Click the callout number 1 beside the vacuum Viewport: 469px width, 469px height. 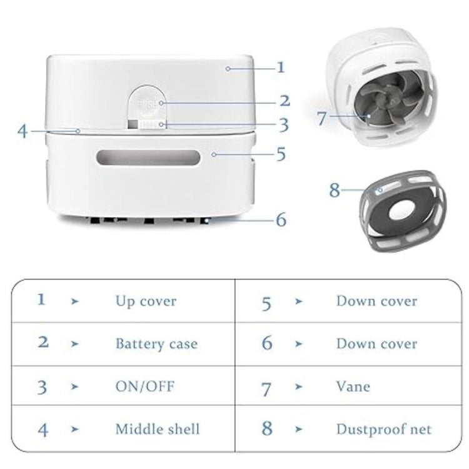tap(281, 67)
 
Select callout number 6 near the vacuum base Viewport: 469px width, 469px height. tap(281, 219)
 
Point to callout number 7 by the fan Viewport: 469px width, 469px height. tap(322, 118)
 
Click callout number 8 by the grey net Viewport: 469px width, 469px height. tap(335, 189)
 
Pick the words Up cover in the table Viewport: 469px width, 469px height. tap(146, 301)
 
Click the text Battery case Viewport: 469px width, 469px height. tap(156, 344)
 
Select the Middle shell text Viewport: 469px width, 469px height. tap(157, 429)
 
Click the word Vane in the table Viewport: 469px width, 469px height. tap(353, 386)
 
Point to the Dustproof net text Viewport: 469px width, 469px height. tap(383, 429)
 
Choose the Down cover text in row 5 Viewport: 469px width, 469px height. tap(376, 301)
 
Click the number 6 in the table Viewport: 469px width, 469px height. tap(267, 344)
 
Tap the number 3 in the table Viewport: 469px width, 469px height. tap(42, 387)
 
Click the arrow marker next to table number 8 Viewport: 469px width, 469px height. tap(299, 430)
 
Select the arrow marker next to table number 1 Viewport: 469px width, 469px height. tap(75, 301)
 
